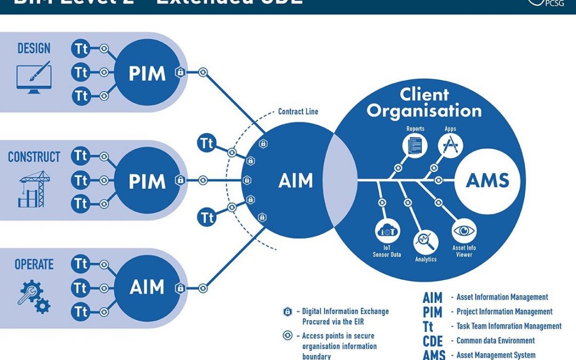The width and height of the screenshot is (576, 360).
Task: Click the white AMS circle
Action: point(487,181)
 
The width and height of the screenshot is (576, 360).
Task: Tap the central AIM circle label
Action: point(295,181)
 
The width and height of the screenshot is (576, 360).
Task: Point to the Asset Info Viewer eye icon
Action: point(463,231)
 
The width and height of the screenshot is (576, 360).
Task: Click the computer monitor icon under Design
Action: point(34,78)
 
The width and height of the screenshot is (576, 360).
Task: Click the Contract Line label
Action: point(299,112)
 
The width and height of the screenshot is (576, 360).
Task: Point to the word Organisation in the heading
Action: point(425,110)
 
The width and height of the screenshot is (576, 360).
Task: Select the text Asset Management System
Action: point(496,355)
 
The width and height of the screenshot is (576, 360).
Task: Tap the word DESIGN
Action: point(34,49)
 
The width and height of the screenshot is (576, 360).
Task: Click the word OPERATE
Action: point(34,265)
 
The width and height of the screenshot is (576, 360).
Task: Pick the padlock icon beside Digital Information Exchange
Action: point(287,311)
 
